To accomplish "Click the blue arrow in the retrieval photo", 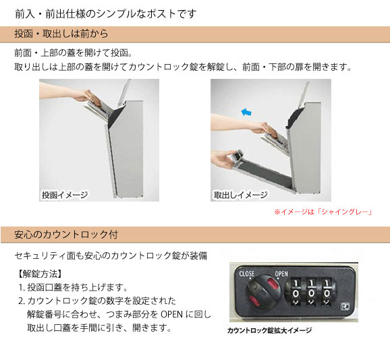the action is [x=246, y=112].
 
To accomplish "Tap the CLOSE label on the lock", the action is [x=247, y=274].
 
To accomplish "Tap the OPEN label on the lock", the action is [x=281, y=274].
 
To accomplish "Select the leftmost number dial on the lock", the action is [x=296, y=292].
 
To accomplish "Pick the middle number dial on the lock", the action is [x=311, y=292].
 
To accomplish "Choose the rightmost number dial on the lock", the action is [x=327, y=292].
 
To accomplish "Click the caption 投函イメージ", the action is [x=65, y=195].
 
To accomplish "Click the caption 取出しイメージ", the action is [x=240, y=195].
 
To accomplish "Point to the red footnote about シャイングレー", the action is [x=323, y=212].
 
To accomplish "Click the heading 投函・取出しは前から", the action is [x=61, y=34].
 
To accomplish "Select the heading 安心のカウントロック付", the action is [x=66, y=235].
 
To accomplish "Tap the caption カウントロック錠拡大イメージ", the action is [x=269, y=330].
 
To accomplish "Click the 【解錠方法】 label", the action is [x=40, y=274].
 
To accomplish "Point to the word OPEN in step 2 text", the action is [x=171, y=314].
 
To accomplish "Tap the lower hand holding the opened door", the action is [x=223, y=159].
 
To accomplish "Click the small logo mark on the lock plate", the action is [x=345, y=306].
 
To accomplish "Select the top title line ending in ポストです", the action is [x=106, y=13].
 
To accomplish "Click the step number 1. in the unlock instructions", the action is [x=22, y=287].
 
